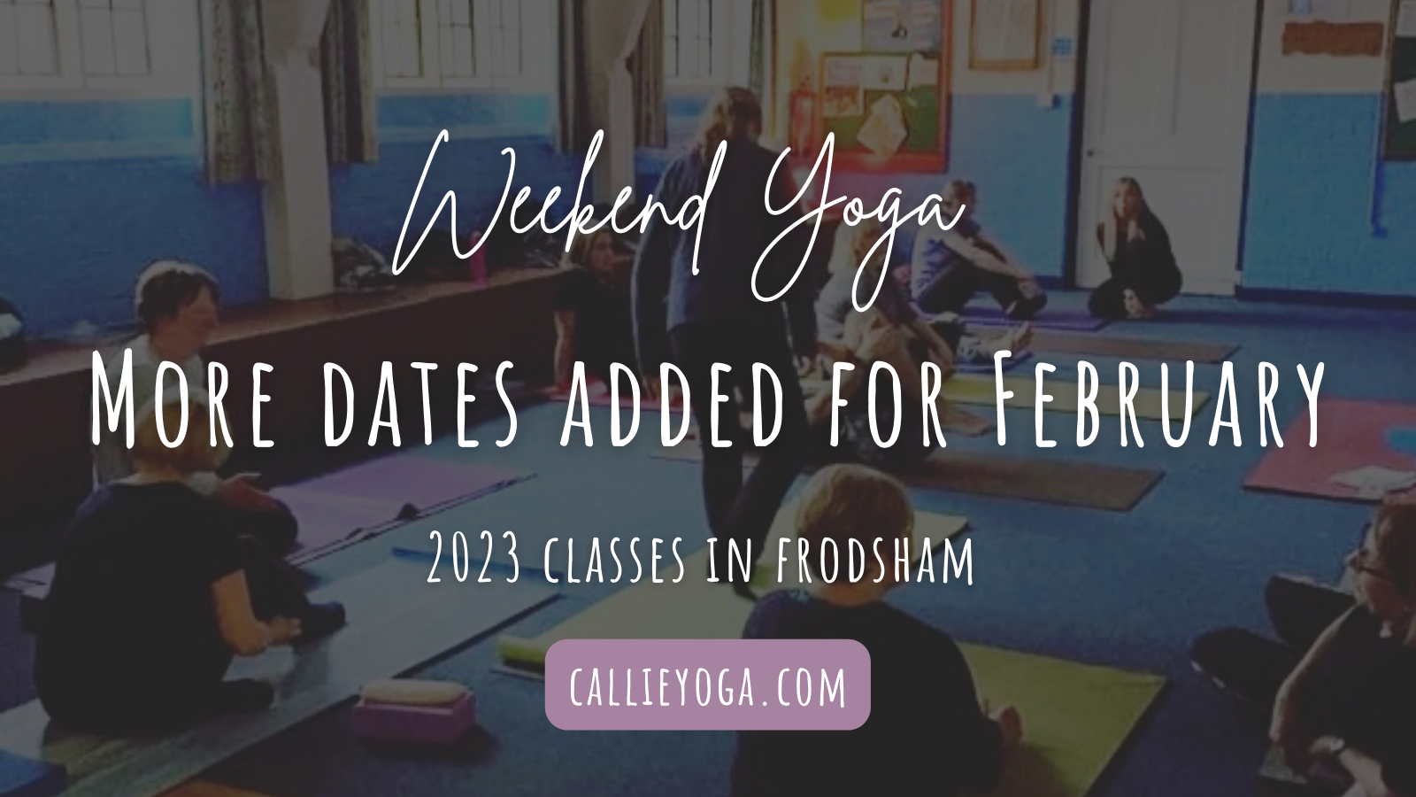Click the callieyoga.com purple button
pyautogui.click(x=708, y=685)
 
